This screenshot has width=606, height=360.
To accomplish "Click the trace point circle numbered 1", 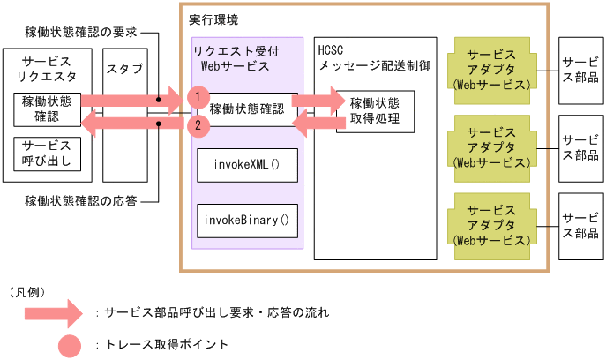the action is (x=198, y=97).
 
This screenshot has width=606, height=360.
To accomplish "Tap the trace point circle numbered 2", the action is (x=198, y=125).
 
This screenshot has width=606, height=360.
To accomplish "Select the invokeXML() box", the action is (x=247, y=165).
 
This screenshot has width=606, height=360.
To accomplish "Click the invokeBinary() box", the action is (x=247, y=221).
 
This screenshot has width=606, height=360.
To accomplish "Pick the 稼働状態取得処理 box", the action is (x=375, y=112).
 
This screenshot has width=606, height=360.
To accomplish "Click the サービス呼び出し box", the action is (x=47, y=154).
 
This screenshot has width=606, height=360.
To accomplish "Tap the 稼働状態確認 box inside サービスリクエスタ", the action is (x=47, y=109).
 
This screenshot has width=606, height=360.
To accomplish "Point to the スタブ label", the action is (x=125, y=69).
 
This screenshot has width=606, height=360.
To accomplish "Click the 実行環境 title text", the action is (x=213, y=19).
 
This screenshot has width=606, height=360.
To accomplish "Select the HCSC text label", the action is (x=331, y=50).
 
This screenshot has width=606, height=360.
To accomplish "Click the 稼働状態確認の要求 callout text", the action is (x=81, y=32).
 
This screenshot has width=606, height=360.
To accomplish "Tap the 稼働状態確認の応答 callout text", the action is (x=81, y=201).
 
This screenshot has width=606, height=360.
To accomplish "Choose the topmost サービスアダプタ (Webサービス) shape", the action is (x=492, y=71).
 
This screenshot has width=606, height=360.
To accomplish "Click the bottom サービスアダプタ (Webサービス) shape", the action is (x=492, y=227).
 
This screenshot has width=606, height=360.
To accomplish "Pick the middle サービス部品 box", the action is (x=581, y=148).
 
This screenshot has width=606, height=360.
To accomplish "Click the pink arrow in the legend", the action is (x=54, y=313).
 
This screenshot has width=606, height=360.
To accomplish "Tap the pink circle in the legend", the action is (x=70, y=346).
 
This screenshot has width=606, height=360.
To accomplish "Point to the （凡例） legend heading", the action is (x=27, y=292).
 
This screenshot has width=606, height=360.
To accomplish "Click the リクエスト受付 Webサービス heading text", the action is (x=236, y=59).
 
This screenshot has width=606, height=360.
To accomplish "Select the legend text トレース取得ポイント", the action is (x=167, y=344).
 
